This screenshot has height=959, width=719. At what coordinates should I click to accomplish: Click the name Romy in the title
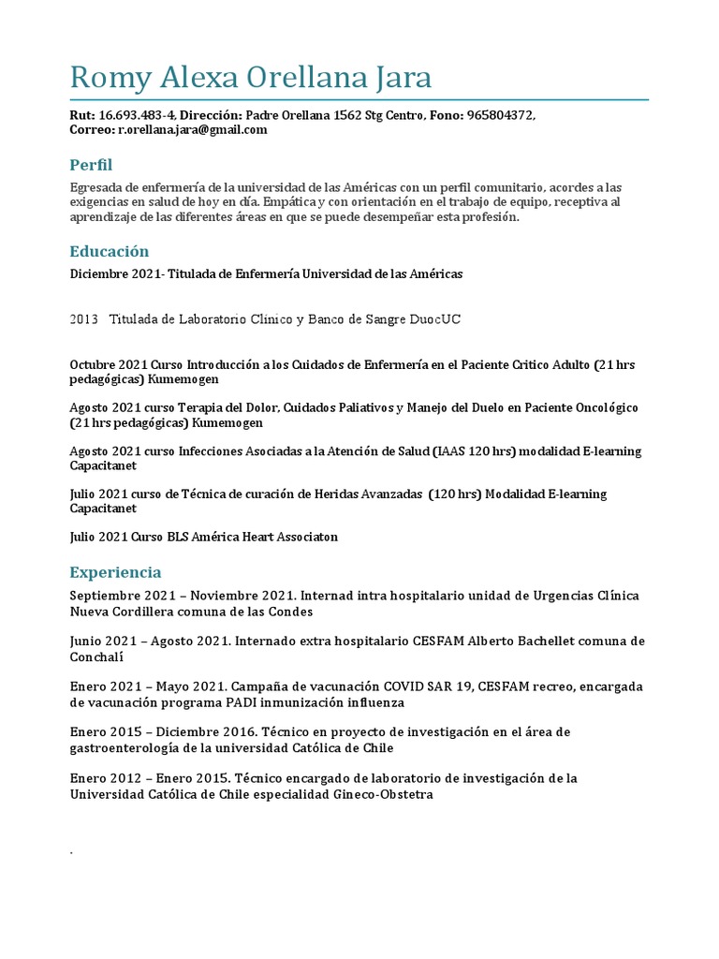110,78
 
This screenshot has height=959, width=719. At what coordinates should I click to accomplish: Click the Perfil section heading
91,165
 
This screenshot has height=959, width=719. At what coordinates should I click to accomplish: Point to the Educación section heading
109,251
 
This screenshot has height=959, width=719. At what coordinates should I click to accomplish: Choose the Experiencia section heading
115,572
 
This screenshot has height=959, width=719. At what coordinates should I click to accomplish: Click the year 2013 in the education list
84,319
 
